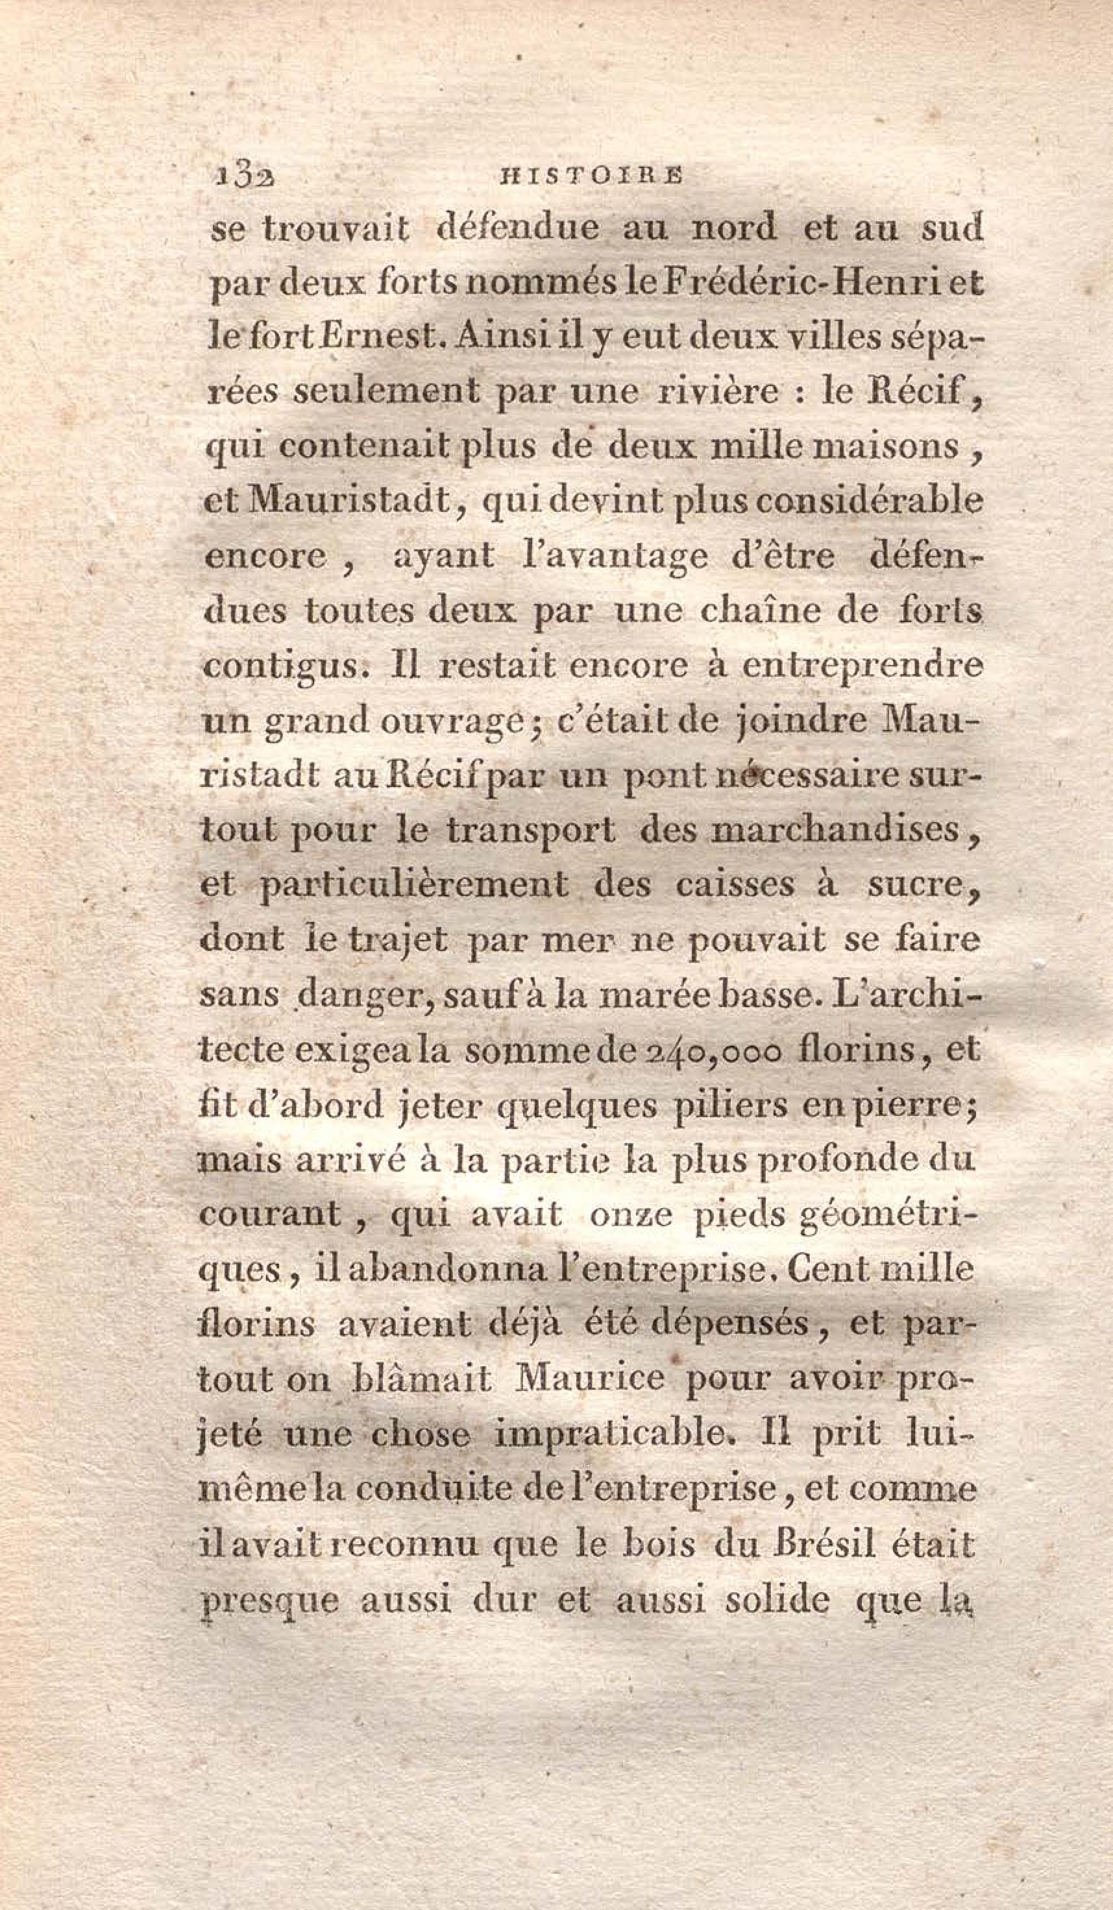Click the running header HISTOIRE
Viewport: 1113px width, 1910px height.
click(x=587, y=175)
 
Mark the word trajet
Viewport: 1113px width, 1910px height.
click(x=397, y=941)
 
